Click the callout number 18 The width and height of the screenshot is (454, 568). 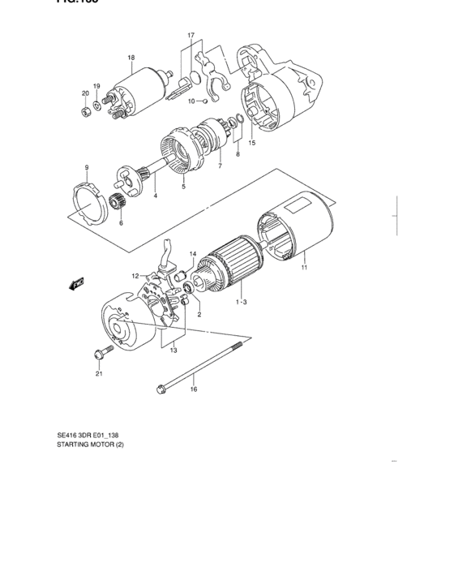point(131,57)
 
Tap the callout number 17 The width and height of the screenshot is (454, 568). point(191,37)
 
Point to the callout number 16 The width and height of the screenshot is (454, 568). point(193,389)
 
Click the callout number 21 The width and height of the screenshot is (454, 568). point(98,374)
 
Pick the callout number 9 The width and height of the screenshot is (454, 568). point(86,167)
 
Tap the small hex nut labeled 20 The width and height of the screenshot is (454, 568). point(86,111)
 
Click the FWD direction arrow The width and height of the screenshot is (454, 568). point(77,283)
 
